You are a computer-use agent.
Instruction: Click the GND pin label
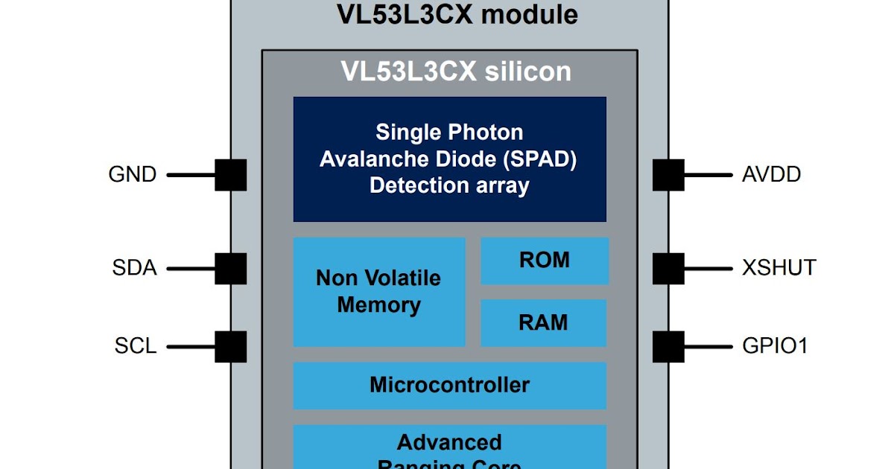pos(133,175)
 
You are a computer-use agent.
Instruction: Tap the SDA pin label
pos(135,268)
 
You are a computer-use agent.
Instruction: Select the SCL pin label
pos(136,346)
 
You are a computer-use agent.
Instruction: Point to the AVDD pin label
pos(772,175)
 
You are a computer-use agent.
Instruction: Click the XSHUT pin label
pos(779,268)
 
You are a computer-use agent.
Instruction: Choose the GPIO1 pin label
pos(775,346)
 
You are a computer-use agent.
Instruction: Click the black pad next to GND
pos(231,175)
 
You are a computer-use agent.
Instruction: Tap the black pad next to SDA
pos(231,268)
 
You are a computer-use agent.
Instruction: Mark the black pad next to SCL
pos(231,346)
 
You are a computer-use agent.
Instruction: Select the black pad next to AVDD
pos(668,175)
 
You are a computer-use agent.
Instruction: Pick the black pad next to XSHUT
pos(668,268)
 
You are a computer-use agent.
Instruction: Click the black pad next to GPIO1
pos(668,346)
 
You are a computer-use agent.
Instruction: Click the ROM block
pos(544,261)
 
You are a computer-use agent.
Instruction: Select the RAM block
pos(544,323)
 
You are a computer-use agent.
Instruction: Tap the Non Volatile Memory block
pos(379,292)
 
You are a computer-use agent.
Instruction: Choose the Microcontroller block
pos(449,386)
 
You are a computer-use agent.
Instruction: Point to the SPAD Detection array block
pos(449,159)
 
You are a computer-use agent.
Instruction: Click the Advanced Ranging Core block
pos(449,447)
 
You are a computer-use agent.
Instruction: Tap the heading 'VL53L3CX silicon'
pos(456,71)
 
